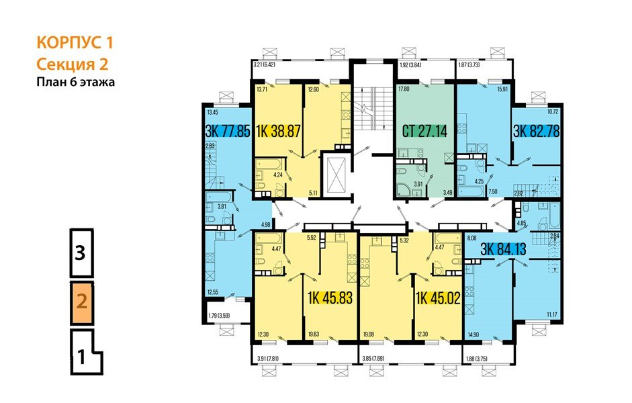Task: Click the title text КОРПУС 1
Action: (x=74, y=44)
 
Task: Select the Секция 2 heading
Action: (x=73, y=64)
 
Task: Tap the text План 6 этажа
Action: (x=76, y=83)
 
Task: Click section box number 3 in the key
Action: (x=80, y=253)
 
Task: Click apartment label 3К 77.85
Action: (x=227, y=131)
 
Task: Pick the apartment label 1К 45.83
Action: (x=329, y=297)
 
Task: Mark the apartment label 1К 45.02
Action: (x=437, y=297)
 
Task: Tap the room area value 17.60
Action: (x=404, y=88)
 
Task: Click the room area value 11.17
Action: (x=553, y=314)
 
